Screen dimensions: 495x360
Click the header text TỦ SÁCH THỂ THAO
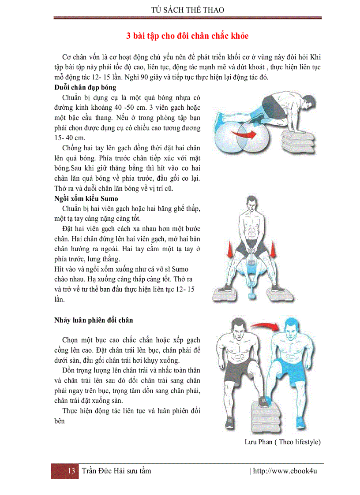click(187, 10)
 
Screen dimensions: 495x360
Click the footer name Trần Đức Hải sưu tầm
click(116, 471)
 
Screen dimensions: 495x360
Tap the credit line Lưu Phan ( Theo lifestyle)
click(282, 442)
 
